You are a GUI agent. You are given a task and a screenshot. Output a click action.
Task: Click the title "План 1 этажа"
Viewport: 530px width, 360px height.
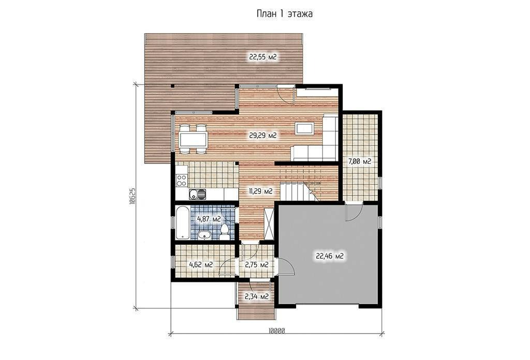point(285,13)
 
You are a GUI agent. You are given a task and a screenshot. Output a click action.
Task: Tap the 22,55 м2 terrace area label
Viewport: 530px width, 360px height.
point(263,57)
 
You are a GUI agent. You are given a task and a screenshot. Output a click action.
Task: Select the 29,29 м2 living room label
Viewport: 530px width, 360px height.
point(263,136)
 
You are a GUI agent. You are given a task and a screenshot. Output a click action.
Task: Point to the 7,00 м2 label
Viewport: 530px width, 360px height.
point(360,161)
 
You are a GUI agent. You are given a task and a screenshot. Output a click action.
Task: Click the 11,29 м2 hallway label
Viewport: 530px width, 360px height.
point(261,191)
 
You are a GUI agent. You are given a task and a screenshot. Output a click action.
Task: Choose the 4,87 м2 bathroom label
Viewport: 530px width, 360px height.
point(209,219)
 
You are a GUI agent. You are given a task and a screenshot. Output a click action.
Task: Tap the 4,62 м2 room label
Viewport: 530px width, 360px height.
point(201,265)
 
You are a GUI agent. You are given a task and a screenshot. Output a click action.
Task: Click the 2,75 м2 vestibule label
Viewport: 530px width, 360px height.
point(257,265)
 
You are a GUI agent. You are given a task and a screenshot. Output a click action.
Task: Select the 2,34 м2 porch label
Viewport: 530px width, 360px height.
point(257,296)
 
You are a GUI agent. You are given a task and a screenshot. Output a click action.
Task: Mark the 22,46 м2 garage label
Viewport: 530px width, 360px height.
point(330,257)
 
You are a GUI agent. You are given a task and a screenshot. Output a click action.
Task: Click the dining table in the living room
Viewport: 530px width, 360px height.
point(193,139)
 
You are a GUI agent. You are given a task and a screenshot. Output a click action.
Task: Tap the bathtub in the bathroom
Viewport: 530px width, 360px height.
point(183,222)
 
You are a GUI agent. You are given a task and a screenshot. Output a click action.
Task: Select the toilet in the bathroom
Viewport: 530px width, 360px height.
point(224,232)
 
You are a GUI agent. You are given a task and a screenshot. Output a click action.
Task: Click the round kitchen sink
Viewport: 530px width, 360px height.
point(194,194)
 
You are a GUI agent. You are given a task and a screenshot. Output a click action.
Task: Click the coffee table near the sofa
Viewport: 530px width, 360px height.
point(304,128)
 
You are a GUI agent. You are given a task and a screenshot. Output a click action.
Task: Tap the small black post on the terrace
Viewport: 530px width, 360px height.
point(172,86)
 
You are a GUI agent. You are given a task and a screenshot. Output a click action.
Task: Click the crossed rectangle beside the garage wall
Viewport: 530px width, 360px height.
point(269,224)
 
